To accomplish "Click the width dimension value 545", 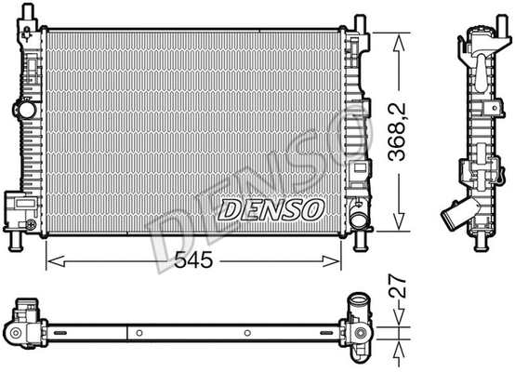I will pos(195,261).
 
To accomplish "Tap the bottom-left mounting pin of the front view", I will pos(17,243).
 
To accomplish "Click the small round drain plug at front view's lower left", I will pos(30,225).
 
